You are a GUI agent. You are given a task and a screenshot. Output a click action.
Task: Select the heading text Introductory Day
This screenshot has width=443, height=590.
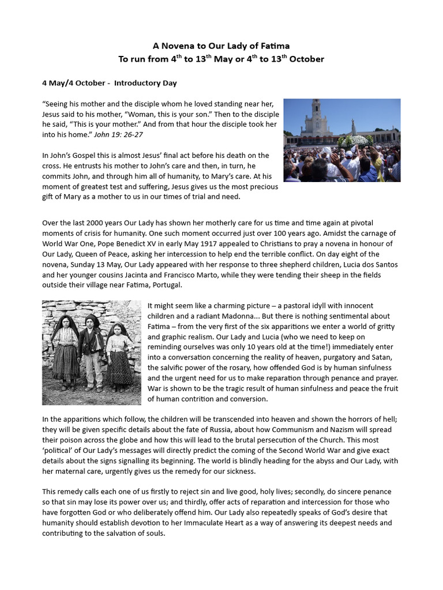click(x=145, y=83)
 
